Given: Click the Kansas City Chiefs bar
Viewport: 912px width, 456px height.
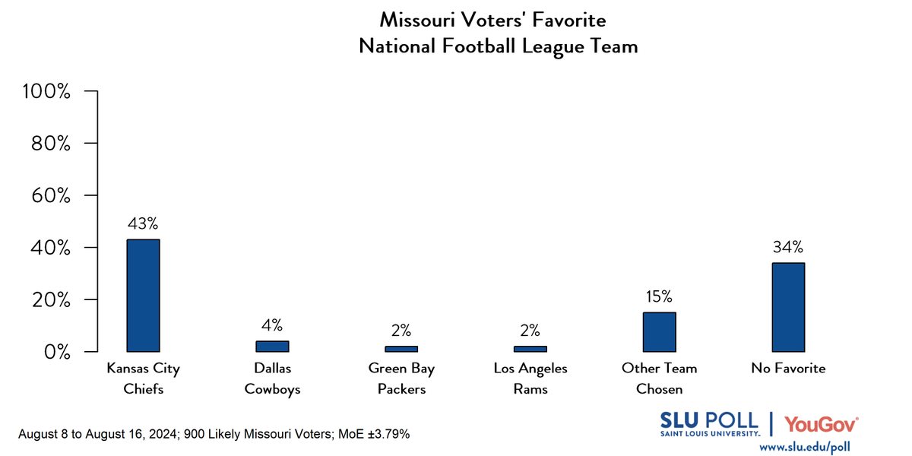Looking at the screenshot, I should pos(143,296).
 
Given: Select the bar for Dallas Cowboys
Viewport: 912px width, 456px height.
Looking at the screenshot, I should pos(272,347).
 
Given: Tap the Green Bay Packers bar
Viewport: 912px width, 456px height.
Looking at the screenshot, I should pos(401,349).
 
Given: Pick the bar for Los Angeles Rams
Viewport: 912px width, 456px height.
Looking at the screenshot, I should pos(530,349).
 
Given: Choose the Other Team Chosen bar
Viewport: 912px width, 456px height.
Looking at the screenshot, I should pos(659,332).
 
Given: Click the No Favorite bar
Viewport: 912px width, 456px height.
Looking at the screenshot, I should pos(788,307).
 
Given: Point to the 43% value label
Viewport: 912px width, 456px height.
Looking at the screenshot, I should pos(143,224).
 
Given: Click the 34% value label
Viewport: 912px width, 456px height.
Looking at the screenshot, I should pos(788,247).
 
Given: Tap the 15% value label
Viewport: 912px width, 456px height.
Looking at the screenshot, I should pos(659,297).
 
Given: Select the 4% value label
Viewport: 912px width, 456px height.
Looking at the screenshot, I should pos(272,326).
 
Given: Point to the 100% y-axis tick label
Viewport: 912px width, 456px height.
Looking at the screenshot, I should pos(47,92).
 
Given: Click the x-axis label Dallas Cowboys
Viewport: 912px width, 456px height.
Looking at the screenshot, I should pos(272,378).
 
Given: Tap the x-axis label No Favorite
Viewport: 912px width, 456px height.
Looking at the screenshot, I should pos(788,369).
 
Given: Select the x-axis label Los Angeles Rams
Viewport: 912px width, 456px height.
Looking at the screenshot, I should pos(530,378).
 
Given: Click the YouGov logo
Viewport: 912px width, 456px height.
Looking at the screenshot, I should pos(822,423).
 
